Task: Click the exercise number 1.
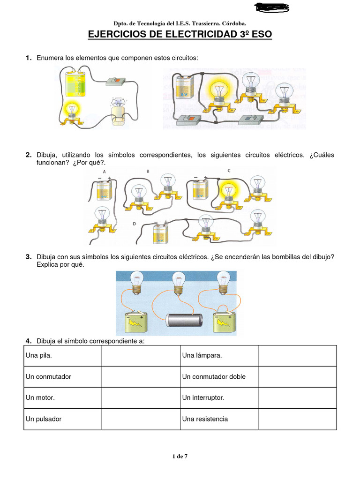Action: [x=28, y=58]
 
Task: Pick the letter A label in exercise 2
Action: [x=104, y=172]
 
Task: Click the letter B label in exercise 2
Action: [x=148, y=172]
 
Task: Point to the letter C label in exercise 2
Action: [x=229, y=171]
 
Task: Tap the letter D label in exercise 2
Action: [x=134, y=224]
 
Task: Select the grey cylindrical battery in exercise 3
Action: [x=183, y=320]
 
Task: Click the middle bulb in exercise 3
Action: [x=178, y=281]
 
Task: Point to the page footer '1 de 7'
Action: [x=180, y=456]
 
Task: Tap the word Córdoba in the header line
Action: [x=231, y=23]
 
